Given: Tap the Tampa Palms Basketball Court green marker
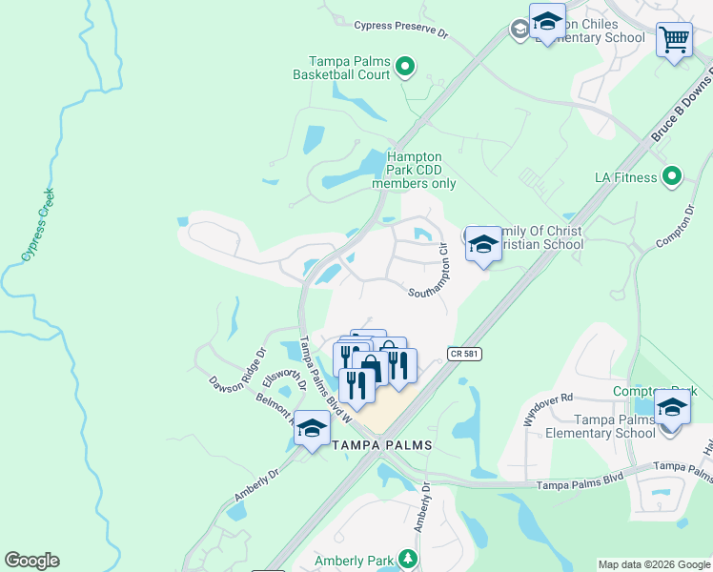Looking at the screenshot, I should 404,66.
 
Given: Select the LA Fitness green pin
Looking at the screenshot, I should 672,176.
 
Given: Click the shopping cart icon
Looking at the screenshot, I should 675,40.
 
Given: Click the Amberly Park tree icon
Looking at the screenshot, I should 408,557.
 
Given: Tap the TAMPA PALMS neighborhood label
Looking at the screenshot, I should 382,445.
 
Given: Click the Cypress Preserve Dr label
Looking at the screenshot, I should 399,31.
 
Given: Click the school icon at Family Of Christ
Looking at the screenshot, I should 483,244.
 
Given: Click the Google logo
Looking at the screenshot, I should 31,561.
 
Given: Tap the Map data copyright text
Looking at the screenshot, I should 654,564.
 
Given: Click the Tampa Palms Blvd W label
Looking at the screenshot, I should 326,380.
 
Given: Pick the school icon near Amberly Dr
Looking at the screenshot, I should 312,428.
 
